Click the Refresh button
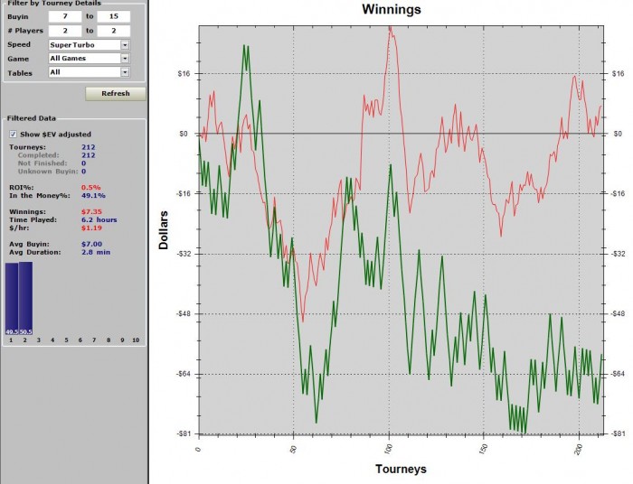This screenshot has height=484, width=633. [x=116, y=93]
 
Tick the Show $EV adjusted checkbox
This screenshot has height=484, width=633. [x=13, y=134]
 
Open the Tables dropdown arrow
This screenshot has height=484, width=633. [x=125, y=71]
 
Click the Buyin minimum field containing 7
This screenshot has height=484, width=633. [x=66, y=17]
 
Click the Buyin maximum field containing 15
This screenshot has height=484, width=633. [x=113, y=17]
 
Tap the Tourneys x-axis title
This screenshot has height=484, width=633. [x=401, y=470]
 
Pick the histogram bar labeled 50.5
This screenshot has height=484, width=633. [x=25, y=297]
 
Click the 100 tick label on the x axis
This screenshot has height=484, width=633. [x=389, y=450]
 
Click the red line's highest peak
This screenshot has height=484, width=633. [x=390, y=27]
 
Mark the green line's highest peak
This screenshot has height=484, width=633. [x=244, y=45]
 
